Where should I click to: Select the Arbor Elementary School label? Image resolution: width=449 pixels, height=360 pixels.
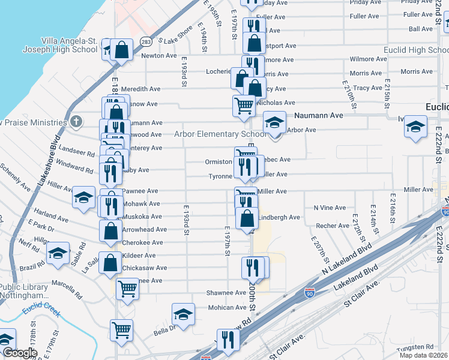[220, 134]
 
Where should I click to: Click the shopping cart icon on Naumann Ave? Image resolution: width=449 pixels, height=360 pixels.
[244, 105]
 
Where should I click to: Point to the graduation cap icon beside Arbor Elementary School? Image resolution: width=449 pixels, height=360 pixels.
[274, 124]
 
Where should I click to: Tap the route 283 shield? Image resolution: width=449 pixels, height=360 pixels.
[146, 41]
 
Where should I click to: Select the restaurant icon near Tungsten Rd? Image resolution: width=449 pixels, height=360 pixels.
[228, 339]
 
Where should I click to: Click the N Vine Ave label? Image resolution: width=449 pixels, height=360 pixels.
[330, 208]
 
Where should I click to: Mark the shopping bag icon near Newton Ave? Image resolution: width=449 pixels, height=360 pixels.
[121, 50]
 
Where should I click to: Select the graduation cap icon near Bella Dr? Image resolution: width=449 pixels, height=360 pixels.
[184, 314]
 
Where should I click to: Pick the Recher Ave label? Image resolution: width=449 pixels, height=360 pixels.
[333, 226]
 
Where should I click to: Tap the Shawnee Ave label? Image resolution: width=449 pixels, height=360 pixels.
[227, 293]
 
